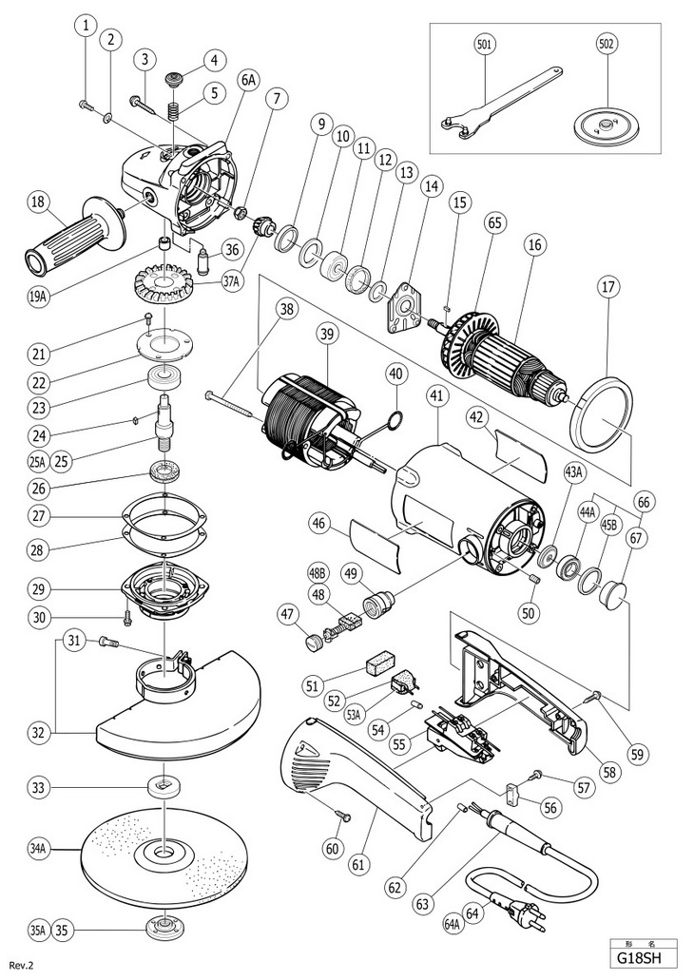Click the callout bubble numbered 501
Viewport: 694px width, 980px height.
486,44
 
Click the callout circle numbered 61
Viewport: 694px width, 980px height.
358,864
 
